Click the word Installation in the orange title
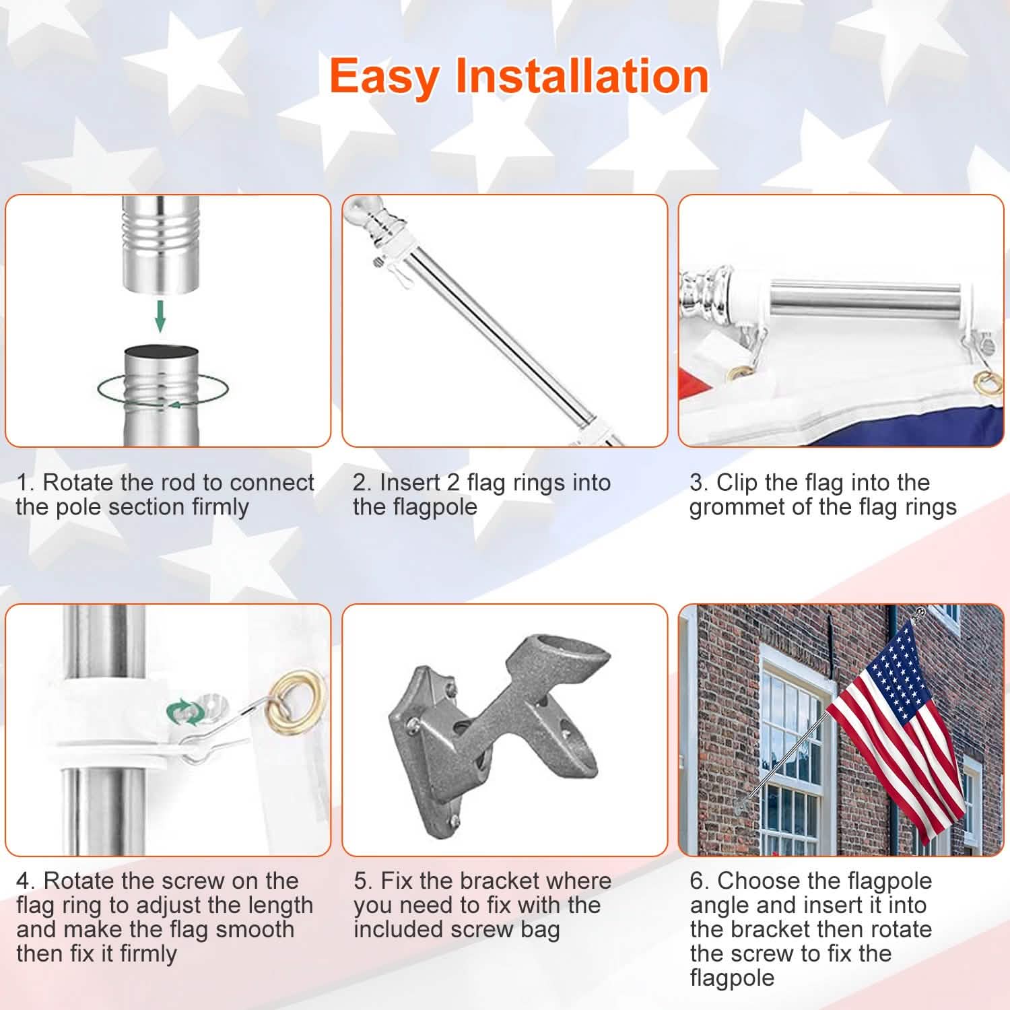pos(582,75)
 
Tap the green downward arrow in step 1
pos(160,316)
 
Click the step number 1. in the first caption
pos(25,483)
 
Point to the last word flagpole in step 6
pos(732,978)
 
